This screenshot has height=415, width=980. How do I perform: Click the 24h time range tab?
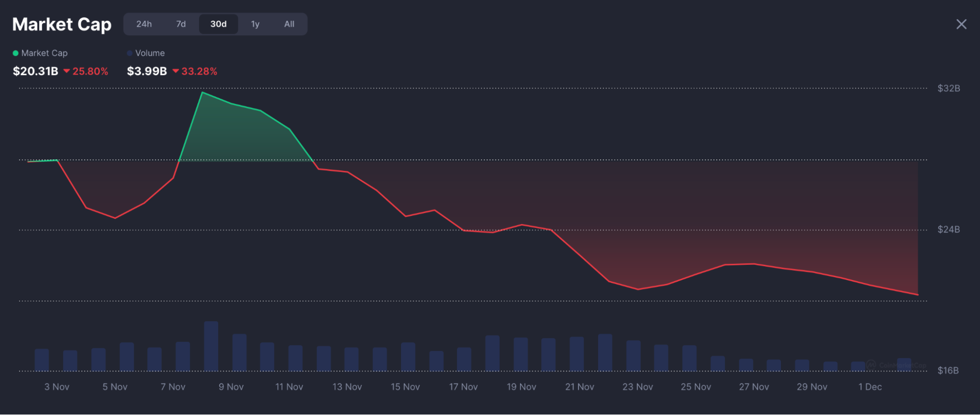click(144, 24)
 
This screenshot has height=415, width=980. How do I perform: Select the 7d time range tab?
click(181, 24)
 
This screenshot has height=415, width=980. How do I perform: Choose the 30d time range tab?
click(218, 24)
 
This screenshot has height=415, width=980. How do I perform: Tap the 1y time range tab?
click(255, 24)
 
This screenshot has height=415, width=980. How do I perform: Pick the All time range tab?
click(289, 24)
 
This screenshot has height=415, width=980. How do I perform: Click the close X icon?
click(961, 24)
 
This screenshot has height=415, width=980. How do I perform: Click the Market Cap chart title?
click(62, 24)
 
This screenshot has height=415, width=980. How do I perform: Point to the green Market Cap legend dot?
click(16, 53)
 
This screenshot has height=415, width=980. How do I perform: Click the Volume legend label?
click(150, 53)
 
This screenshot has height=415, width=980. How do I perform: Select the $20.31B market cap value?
click(35, 71)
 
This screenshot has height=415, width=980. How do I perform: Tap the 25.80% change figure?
click(90, 71)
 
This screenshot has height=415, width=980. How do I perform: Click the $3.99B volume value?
click(147, 71)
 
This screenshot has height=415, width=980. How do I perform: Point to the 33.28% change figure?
click(199, 71)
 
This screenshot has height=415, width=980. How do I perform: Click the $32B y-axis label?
click(948, 88)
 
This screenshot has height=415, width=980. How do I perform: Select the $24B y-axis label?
click(948, 230)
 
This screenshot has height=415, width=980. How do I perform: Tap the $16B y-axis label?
click(948, 370)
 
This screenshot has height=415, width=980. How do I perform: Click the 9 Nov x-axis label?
click(231, 387)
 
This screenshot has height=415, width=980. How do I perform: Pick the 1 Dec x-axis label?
click(870, 387)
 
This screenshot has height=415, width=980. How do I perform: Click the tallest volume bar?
click(211, 346)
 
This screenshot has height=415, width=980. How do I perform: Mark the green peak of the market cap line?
click(202, 92)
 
